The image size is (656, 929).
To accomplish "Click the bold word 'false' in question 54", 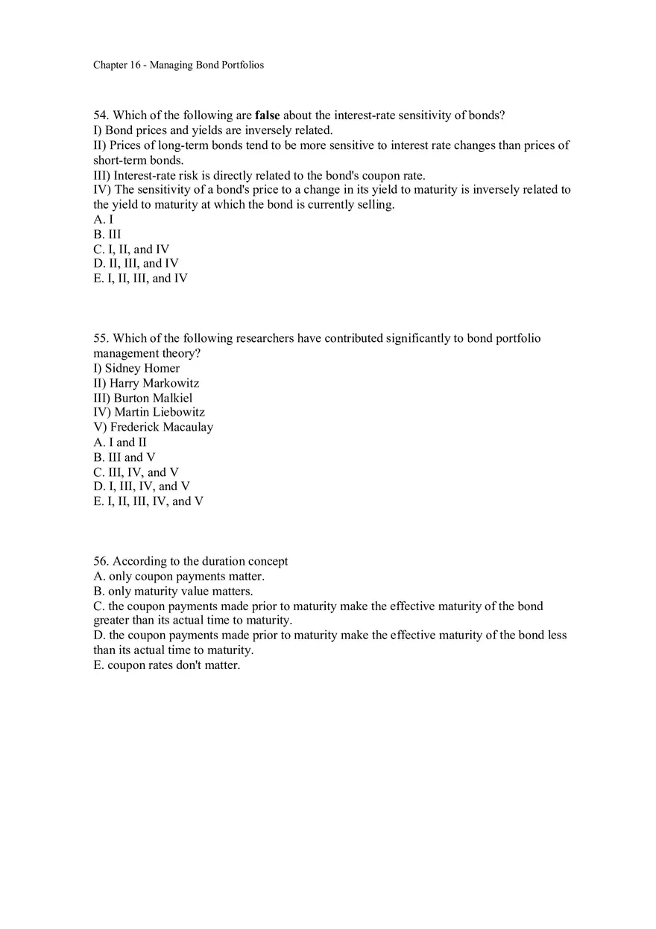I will coord(267,115).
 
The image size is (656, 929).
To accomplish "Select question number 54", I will coord(101,115).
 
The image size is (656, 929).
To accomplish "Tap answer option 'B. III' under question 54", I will coord(107,234).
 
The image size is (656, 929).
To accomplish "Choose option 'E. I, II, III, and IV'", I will coord(140,278).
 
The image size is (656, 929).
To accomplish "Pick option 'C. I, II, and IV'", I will coord(131,249).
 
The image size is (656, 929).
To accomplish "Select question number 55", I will coord(101,338).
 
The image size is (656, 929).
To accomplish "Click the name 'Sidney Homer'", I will coord(142,368).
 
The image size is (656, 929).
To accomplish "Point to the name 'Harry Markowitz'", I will coord(154,383).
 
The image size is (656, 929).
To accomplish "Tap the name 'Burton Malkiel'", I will coord(153,398).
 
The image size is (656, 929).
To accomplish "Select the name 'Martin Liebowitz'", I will coord(160,412).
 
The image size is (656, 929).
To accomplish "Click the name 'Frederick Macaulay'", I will coord(162,427).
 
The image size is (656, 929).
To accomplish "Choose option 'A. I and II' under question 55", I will coord(120,442).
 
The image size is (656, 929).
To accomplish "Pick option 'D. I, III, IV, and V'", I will coord(142,486).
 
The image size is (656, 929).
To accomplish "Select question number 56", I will coord(101,561).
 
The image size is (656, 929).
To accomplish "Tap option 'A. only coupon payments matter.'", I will coord(179,576).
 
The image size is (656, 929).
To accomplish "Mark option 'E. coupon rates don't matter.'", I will coord(166,665).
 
